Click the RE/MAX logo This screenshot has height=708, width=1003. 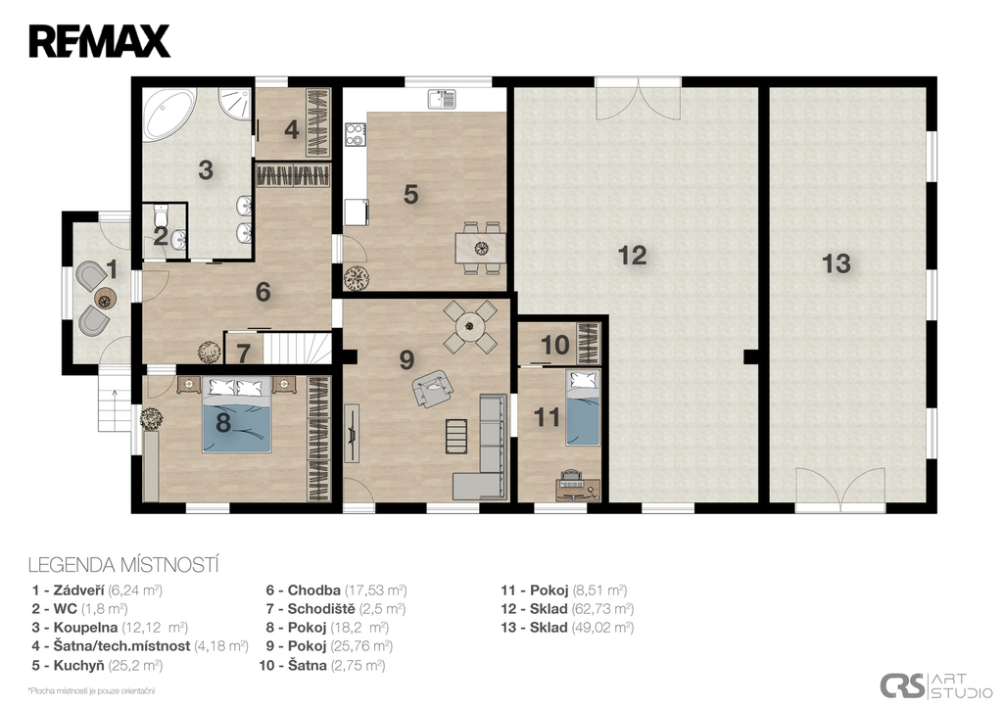coord(99,41)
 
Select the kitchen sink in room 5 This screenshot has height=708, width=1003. coord(442,99)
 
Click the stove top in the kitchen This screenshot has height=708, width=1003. coord(355,134)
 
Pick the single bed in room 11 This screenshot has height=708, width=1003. coord(583,407)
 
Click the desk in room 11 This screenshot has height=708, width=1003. coord(578,488)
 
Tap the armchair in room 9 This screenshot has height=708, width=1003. coord(433,387)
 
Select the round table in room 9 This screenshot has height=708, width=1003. coord(470,326)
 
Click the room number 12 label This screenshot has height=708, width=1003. coord(632,256)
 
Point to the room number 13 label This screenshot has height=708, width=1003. coord(836,262)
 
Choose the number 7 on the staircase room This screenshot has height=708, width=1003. coord(243,354)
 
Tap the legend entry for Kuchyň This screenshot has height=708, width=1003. coord(97,665)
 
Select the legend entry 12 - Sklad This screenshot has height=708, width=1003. coord(567,609)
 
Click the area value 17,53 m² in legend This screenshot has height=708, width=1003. coord(375,590)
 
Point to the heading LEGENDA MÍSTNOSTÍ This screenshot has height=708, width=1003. coord(124,565)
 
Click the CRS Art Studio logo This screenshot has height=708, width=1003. coord(936,684)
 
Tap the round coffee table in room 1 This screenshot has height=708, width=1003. coord(105,298)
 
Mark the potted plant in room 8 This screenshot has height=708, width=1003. coord(151,420)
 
